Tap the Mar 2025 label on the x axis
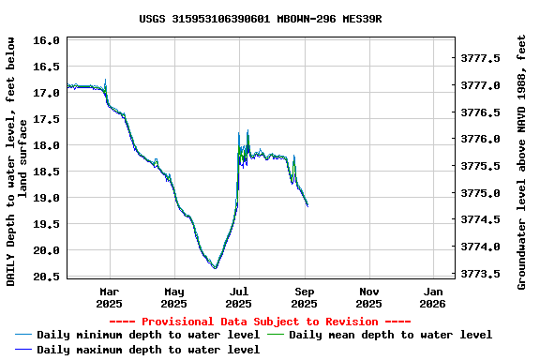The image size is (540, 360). pos(110,297)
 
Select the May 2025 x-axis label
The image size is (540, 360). pos(174,297)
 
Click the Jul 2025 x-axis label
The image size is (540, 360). pos(239,297)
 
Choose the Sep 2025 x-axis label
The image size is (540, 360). pos(304,297)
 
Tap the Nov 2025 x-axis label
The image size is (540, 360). pos(368,297)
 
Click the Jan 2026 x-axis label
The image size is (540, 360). pos(432,297)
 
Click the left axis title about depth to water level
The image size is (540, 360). pos(17,161)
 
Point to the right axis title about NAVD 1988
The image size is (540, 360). pos(522,161)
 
